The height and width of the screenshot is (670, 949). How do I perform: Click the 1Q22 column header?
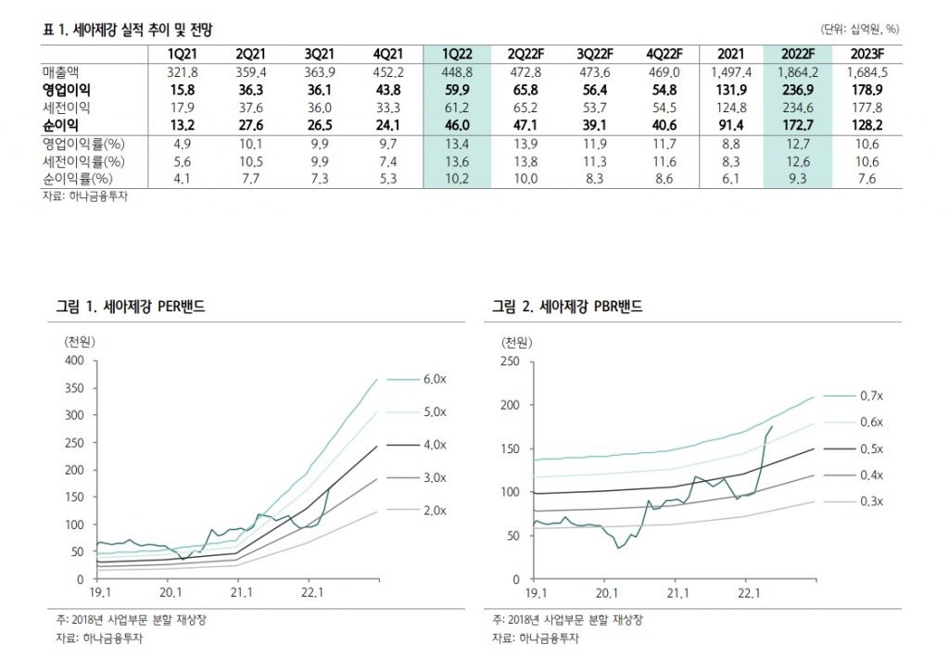point(456,53)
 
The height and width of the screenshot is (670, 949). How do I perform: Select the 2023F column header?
point(867,53)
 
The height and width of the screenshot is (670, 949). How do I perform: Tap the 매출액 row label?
point(62,71)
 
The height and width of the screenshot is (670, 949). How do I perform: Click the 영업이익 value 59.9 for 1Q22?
point(456,90)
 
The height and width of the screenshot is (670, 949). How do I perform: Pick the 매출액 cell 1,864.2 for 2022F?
point(796,71)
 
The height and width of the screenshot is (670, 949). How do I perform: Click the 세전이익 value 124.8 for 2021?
point(727,107)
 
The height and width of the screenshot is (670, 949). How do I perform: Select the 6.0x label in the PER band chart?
point(436,379)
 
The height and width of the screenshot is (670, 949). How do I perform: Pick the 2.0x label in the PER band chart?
point(436,511)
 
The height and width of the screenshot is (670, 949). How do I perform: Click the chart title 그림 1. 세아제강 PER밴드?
point(131,307)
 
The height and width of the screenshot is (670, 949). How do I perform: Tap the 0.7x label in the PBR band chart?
point(871,396)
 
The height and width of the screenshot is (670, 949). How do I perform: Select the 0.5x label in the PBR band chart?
point(871,449)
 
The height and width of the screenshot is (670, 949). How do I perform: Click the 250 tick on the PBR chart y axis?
point(511,361)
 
